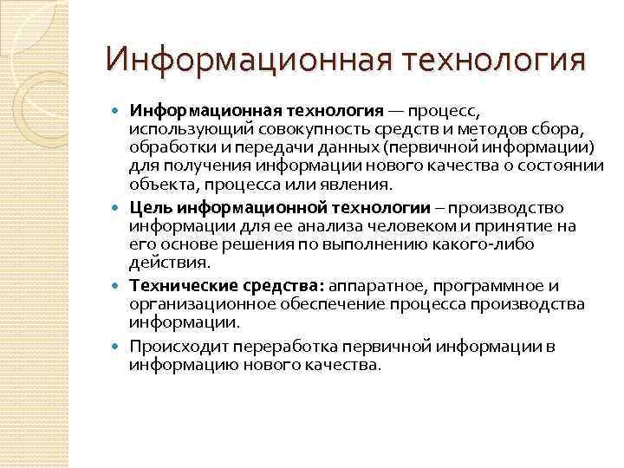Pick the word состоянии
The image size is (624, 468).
coord(564,168)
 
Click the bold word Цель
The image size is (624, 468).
coord(152,208)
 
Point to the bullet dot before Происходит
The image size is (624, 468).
coord(119,348)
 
